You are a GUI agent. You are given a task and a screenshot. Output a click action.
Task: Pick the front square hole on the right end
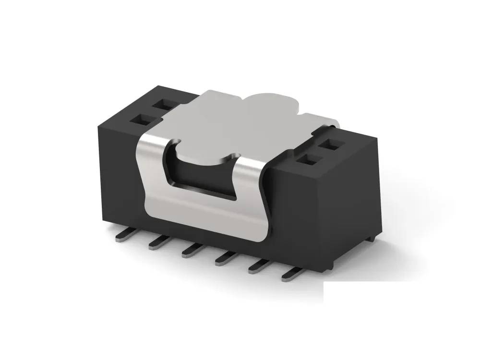[x=307, y=160]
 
